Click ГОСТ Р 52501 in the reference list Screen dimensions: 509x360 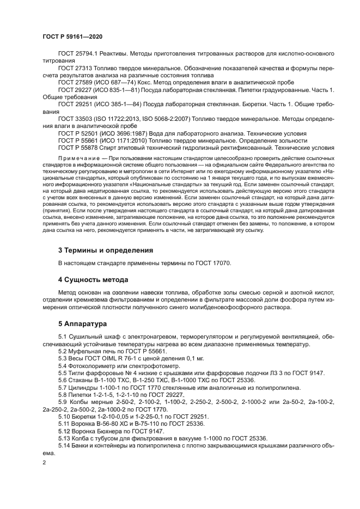(80, 133)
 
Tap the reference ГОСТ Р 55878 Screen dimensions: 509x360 (80, 147)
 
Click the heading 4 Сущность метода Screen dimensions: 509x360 (93, 280)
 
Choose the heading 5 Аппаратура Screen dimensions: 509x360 (84, 323)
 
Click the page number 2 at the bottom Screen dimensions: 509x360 (44, 463)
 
